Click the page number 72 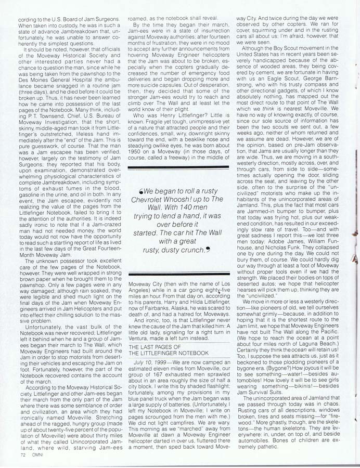point(23,454)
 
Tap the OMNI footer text point(37,454)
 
